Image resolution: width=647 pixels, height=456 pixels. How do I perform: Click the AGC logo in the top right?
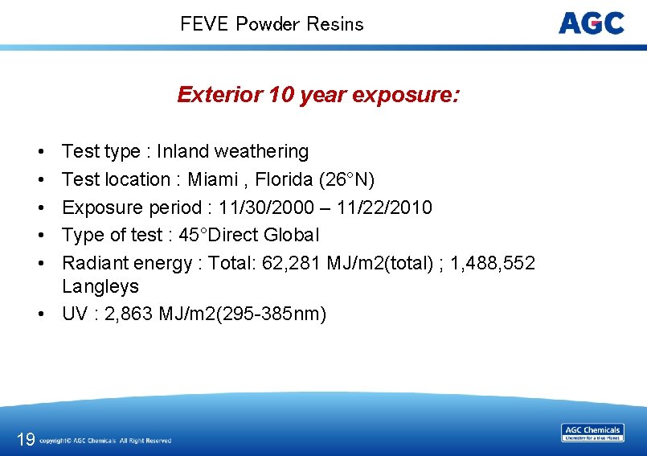click(591, 23)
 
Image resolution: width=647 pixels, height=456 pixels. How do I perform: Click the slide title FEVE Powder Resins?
click(272, 24)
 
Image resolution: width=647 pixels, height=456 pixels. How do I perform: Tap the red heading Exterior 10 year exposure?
click(318, 95)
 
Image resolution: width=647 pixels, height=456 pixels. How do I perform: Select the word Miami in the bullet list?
click(213, 179)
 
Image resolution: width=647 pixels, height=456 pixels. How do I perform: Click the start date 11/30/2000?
click(259, 207)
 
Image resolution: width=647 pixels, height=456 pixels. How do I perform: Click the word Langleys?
click(100, 286)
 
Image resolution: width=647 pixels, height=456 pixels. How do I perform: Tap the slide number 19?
click(25, 439)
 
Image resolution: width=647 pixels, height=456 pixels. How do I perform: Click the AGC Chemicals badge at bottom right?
click(592, 433)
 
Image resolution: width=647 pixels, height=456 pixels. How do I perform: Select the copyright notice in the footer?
click(105, 441)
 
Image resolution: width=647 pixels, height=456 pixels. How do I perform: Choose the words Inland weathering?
click(232, 151)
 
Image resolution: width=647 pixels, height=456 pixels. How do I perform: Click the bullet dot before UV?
click(39, 314)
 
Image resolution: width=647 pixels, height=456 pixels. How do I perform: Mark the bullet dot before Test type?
click(39, 152)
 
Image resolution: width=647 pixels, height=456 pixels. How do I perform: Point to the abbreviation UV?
click(76, 314)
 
